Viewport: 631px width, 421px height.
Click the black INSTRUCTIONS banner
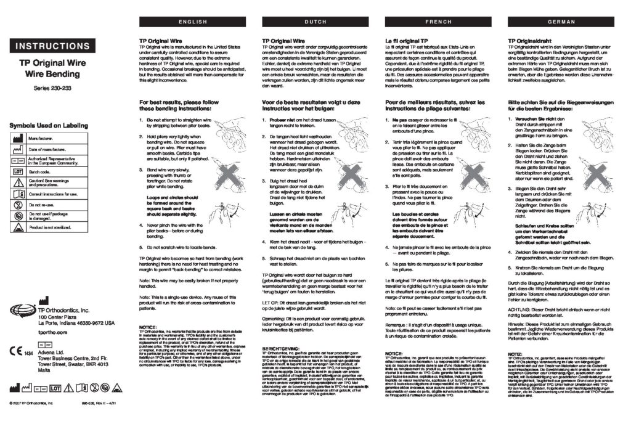pyautogui.click(x=52, y=46)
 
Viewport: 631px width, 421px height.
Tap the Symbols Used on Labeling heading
pyautogui.click(x=49, y=126)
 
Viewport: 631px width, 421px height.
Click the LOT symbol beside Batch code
pyautogui.click(x=18, y=171)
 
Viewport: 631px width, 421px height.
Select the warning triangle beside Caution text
pyautogui.click(x=18, y=182)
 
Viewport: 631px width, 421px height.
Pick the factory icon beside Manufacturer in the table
pyautogui.click(x=18, y=139)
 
